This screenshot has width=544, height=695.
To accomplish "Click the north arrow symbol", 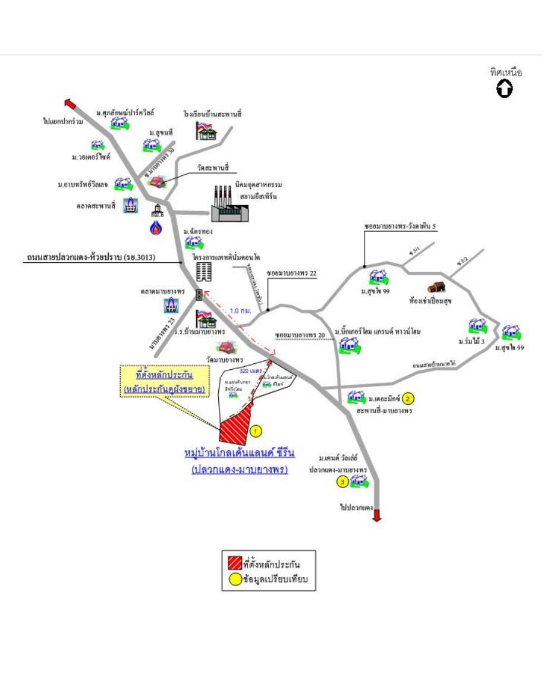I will (x=505, y=90).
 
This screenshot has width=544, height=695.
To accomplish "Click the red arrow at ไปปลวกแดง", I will (x=376, y=515).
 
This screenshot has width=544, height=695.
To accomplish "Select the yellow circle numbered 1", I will (x=256, y=430).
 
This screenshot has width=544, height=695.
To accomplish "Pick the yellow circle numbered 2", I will (x=408, y=398).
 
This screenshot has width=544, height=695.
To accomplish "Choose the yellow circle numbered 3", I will (x=342, y=482).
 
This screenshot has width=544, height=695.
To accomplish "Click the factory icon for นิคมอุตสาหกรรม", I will (x=229, y=205).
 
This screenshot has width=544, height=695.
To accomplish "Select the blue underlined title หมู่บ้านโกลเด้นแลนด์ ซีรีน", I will (x=240, y=453).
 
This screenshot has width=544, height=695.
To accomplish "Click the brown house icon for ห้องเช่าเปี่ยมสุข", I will (x=436, y=287).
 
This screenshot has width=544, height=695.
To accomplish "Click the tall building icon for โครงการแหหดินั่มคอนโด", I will (x=203, y=271).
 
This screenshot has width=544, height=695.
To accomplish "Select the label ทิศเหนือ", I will (x=506, y=73).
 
